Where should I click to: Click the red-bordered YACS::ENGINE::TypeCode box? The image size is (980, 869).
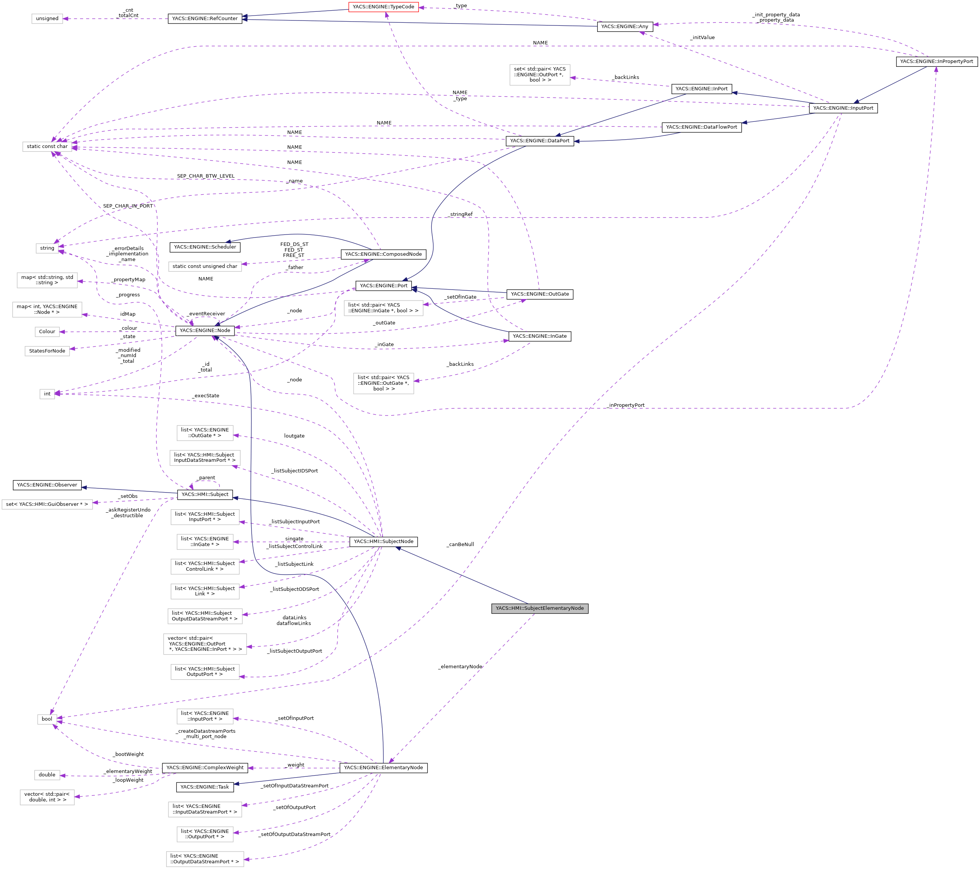coord(383,7)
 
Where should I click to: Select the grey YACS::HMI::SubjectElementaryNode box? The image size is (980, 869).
coord(540,608)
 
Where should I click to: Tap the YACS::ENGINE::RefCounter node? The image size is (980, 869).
coord(205,19)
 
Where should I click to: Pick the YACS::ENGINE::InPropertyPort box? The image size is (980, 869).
coord(936,61)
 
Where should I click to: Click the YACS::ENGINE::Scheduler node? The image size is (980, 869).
coord(205,247)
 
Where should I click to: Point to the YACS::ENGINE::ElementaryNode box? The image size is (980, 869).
coord(383,767)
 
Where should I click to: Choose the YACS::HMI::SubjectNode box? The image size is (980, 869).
coord(383,542)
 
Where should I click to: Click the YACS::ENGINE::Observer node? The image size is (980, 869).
coord(47,485)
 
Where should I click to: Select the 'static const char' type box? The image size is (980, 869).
coord(47,146)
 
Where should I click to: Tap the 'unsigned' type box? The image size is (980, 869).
coord(47,19)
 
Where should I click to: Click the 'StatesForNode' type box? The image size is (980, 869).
coord(47,351)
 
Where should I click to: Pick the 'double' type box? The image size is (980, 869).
coord(47,775)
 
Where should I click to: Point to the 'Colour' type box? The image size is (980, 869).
coord(47,331)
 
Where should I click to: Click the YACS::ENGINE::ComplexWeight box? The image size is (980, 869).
coord(205,767)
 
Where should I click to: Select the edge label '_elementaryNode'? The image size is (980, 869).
coord(460,667)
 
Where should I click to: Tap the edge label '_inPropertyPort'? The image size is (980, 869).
coord(626,405)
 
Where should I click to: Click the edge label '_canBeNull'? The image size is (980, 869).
coord(460,544)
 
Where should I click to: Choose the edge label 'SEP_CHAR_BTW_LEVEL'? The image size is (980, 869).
coord(206,176)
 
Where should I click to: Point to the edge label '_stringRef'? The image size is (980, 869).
coord(460,214)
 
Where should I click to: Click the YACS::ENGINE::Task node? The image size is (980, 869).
coord(205,787)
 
